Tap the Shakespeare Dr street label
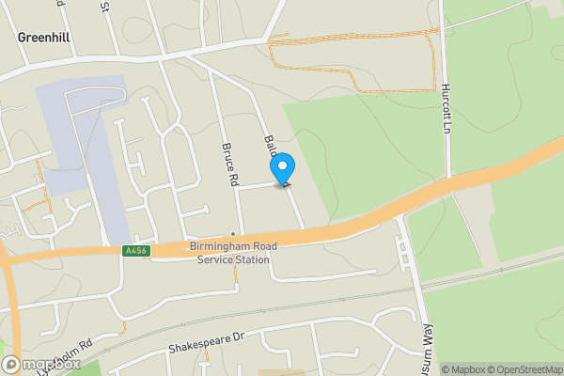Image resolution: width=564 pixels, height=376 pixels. click(206, 340)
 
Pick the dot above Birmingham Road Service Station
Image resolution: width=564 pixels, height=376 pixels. click(233, 234)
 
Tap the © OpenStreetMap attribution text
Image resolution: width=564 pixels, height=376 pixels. click(517, 369)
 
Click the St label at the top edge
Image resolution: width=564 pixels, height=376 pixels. click(105, 7)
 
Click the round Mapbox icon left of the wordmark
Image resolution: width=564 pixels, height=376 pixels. click(10, 365)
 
